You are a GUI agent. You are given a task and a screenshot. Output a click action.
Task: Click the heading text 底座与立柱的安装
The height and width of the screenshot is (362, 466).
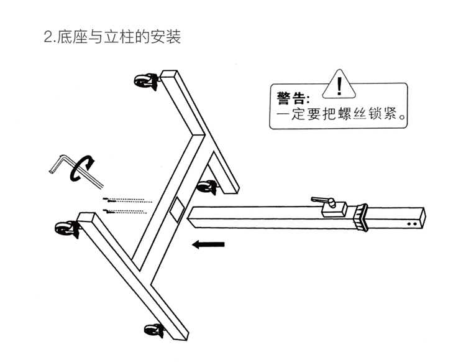coord(119,38)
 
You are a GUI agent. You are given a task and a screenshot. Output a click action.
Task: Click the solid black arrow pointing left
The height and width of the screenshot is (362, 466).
coord(208,244)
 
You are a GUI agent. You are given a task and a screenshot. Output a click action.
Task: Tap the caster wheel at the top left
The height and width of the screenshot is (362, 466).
coord(146,80)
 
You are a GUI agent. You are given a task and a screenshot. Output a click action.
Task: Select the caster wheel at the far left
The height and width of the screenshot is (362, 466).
coord(65,228)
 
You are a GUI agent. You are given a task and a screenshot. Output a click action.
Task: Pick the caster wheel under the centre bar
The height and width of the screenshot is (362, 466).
coord(207,187)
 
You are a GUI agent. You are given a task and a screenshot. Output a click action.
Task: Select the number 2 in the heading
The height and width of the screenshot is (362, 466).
coord(47,38)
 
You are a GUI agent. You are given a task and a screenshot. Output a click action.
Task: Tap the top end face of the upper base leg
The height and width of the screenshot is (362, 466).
coord(169,76)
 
